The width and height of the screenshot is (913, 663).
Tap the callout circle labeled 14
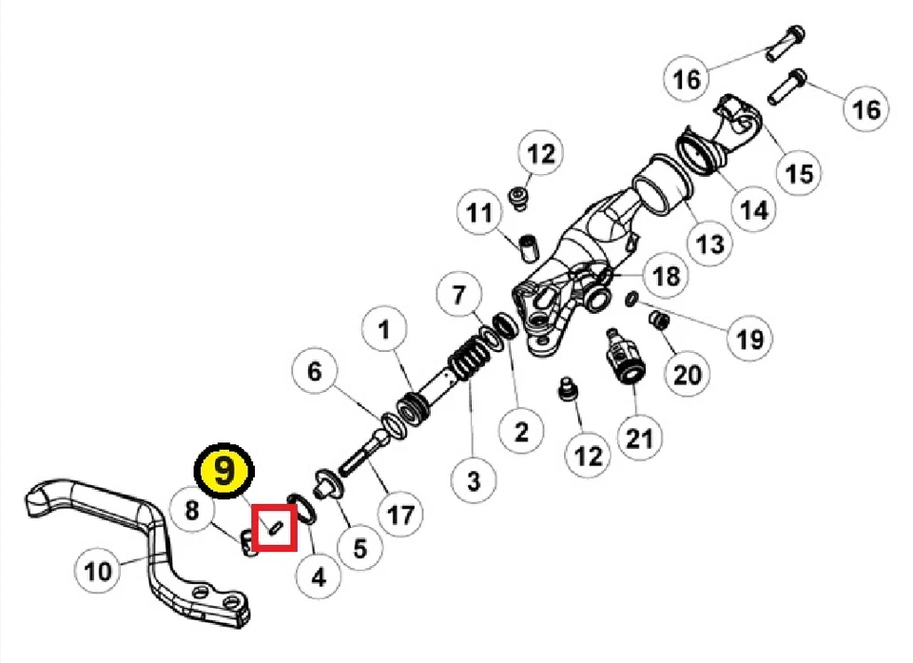coord(754,209)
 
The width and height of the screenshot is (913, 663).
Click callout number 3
coord(473,480)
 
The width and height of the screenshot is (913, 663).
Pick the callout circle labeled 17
coord(399,515)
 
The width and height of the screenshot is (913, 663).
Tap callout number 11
coord(481,211)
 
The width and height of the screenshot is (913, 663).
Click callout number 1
coord(384,331)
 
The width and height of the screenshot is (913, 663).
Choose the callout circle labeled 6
coord(315,372)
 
